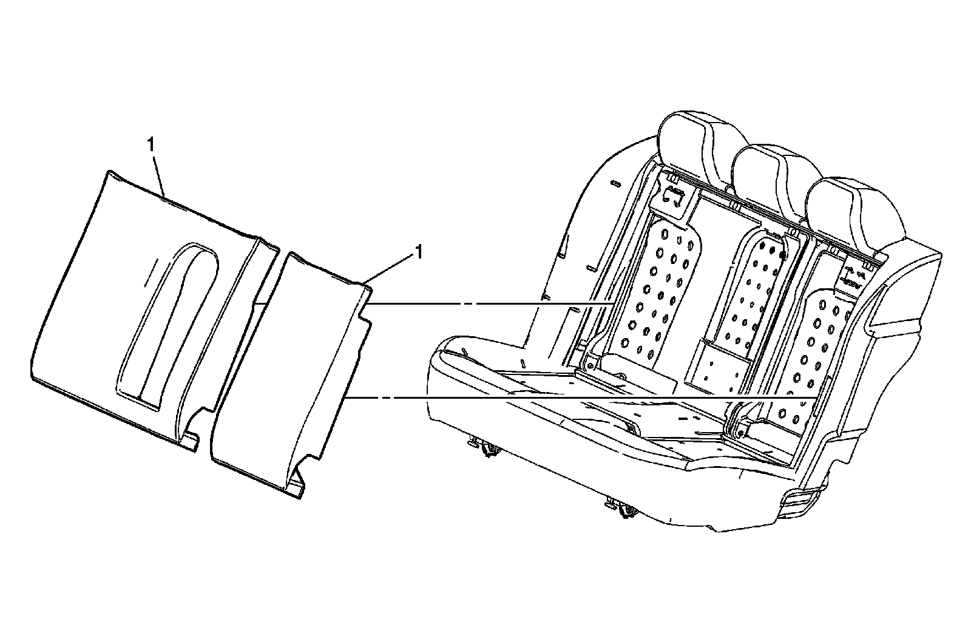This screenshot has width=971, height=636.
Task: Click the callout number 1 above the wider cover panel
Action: (x=150, y=146)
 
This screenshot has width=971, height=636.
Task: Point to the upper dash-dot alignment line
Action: (x=486, y=303)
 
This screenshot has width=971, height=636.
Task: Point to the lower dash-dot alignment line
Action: (x=546, y=398)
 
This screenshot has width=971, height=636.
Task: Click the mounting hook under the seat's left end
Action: (x=488, y=448)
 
